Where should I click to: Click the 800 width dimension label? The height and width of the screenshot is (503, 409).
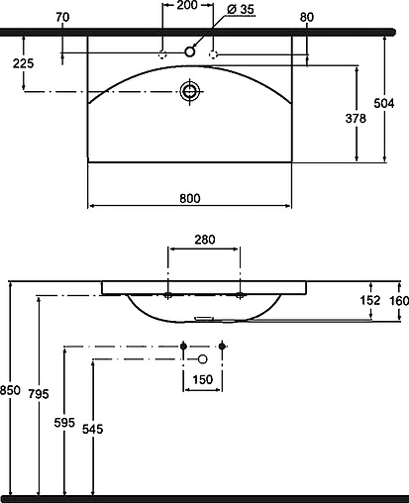tap(190, 197)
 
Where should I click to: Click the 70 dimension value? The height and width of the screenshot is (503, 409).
tap(62, 17)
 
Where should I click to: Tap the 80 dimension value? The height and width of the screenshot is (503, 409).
tap(306, 17)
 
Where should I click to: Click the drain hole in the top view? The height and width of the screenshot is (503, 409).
tap(190, 92)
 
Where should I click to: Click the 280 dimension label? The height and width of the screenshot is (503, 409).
tap(205, 239)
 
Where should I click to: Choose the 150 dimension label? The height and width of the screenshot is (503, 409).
tap(203, 380)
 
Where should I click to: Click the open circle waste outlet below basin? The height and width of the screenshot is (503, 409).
tap(203, 357)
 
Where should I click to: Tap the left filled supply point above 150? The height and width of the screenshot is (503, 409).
tap(184, 346)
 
